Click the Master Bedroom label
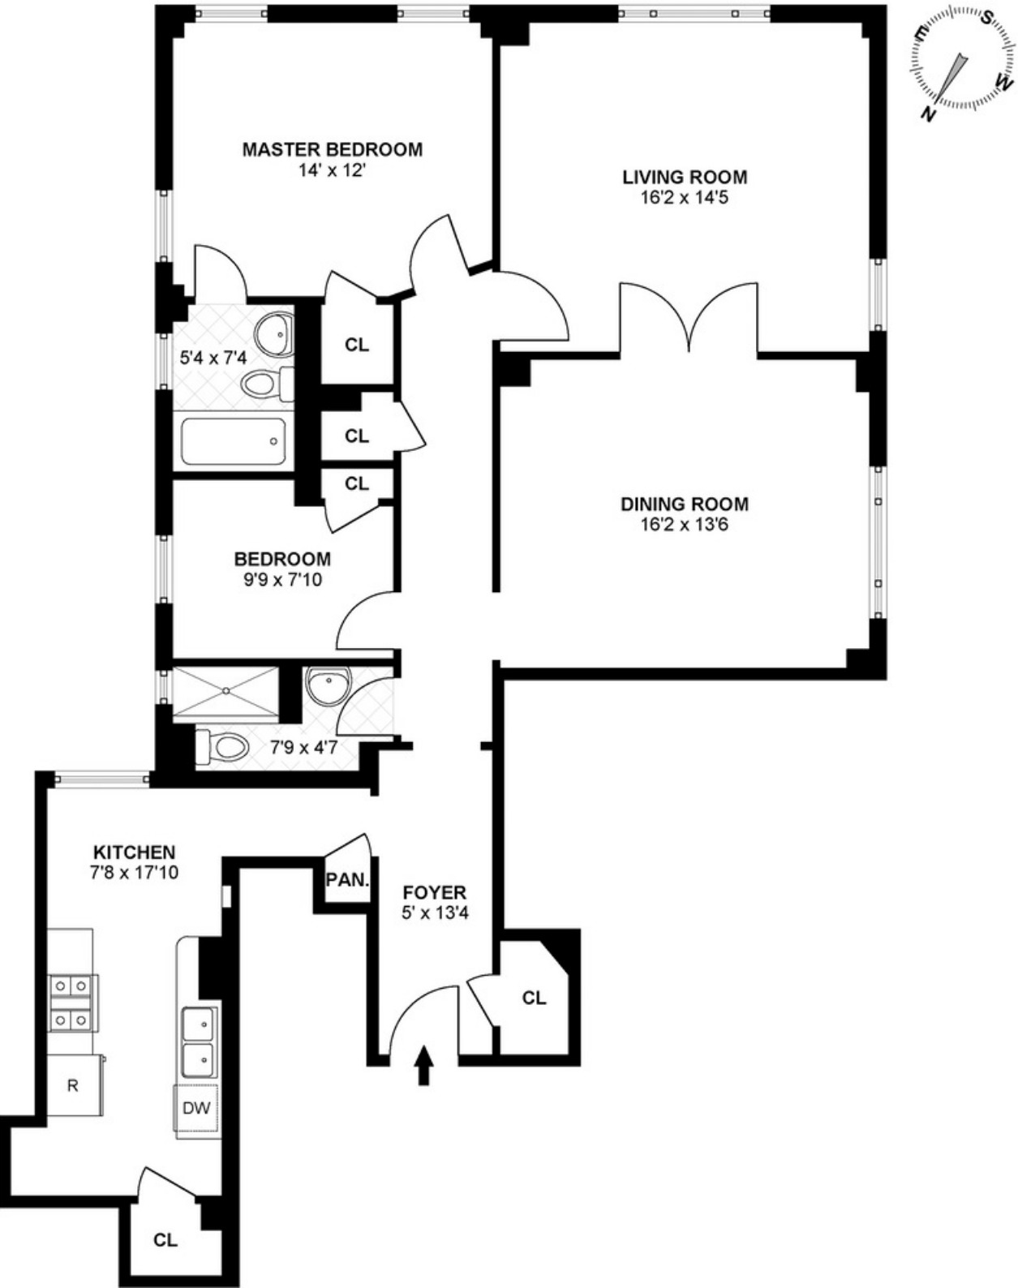pos(333,149)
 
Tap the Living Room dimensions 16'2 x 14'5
pos(685,197)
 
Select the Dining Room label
pos(685,504)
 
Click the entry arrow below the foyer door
pos(423,1065)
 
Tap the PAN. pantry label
pos(348,879)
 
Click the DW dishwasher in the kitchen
pos(195,1108)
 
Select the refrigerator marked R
pos(73,1085)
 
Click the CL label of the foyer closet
pos(534,998)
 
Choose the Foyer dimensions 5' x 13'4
pos(435,912)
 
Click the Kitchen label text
pos(135,852)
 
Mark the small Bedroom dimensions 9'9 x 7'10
pos(282,579)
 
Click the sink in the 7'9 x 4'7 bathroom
pos(329,686)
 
